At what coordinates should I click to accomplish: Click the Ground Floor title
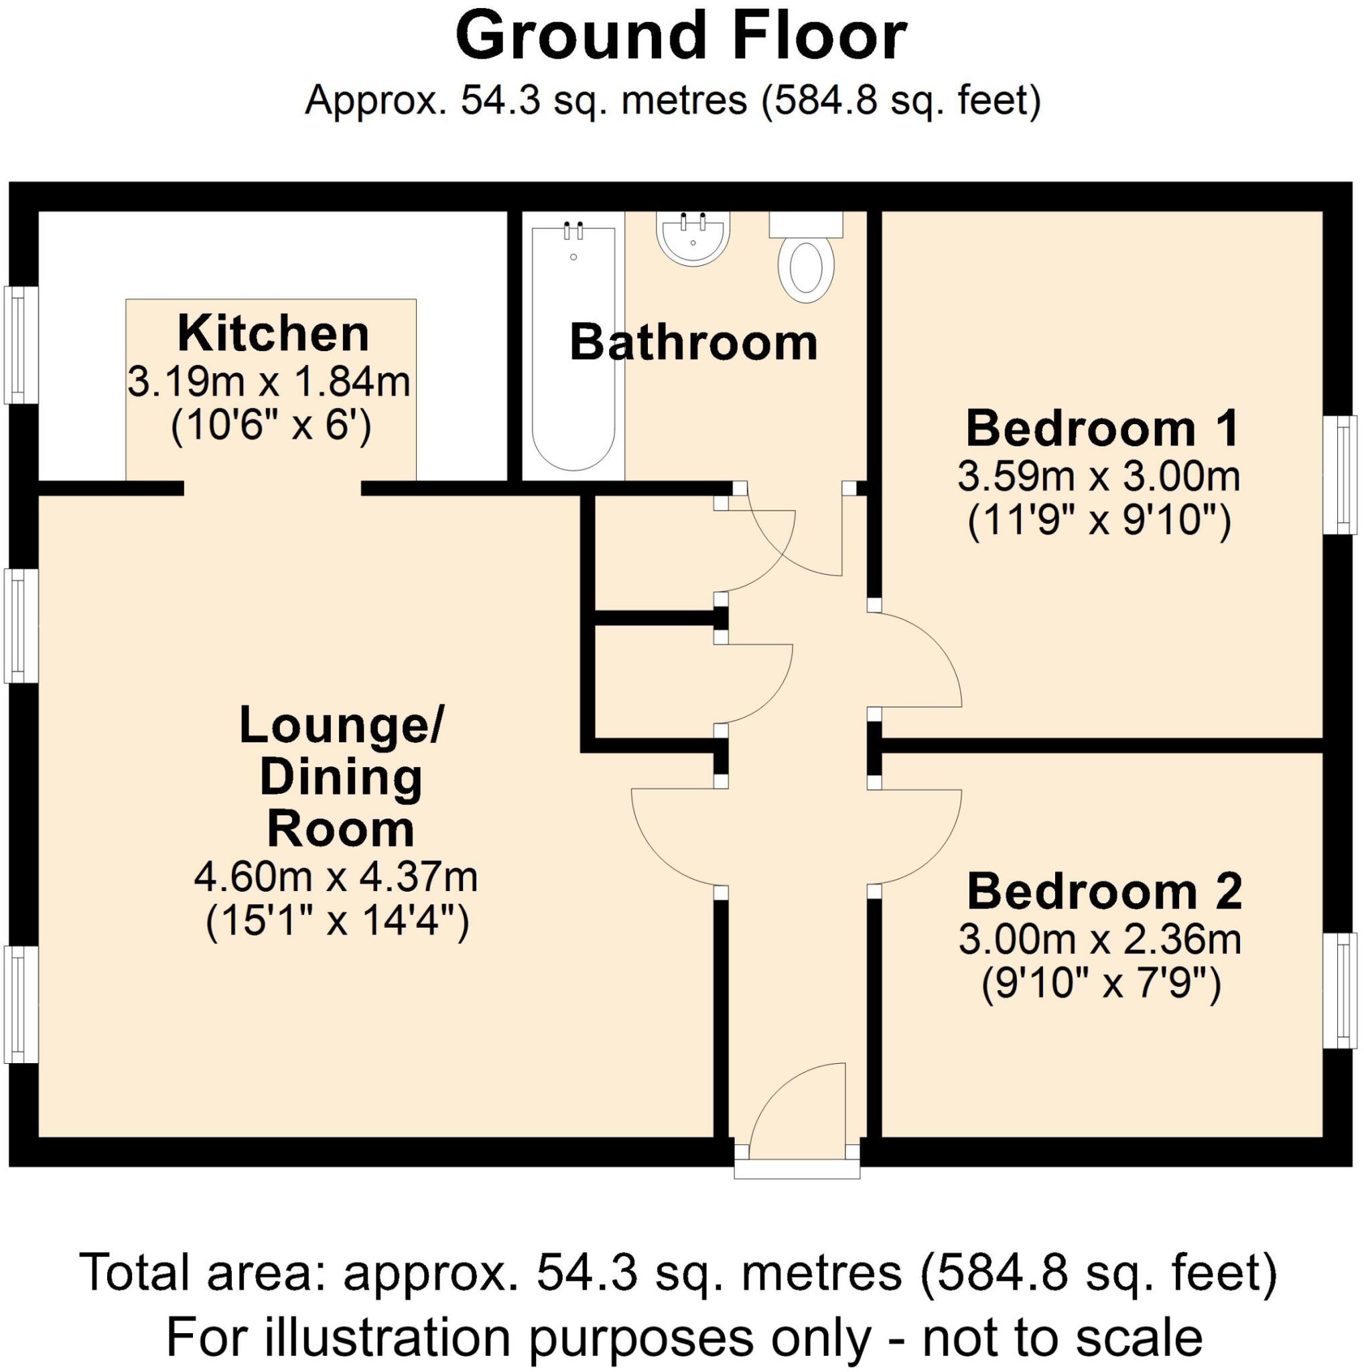point(680,37)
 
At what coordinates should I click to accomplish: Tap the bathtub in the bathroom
point(573,348)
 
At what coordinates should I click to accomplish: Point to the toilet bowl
point(806,269)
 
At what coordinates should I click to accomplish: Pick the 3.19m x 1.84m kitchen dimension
point(269,382)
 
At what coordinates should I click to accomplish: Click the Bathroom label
point(693,343)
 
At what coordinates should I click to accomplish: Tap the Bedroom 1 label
point(1102,428)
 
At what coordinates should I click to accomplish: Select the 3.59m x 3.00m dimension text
point(1099,476)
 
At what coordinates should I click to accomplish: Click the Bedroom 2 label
point(1104,891)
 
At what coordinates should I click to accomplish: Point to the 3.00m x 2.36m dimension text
point(1100,939)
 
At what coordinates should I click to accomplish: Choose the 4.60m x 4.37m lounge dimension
point(336,878)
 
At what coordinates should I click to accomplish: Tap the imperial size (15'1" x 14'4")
point(337,924)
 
